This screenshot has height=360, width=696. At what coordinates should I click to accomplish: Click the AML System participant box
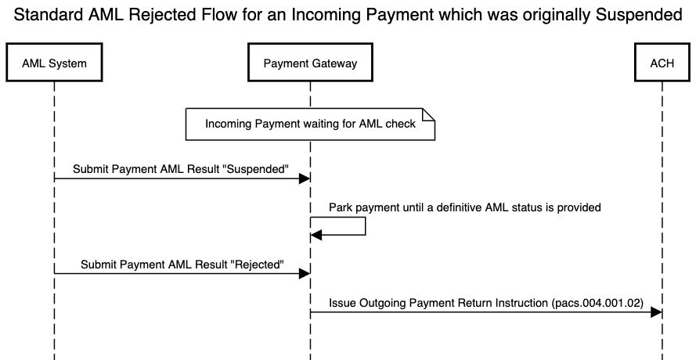54,63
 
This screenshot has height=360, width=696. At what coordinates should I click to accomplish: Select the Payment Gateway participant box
310,63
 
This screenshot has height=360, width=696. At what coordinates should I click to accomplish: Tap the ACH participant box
662,63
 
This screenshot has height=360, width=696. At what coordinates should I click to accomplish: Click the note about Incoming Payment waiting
310,124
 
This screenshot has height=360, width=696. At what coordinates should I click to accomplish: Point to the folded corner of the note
429,114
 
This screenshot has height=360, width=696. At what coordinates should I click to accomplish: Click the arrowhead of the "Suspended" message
305,179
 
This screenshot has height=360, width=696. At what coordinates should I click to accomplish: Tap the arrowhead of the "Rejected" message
305,274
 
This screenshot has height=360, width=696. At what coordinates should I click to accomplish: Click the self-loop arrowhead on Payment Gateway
316,235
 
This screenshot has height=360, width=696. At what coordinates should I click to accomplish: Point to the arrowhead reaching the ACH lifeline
656,312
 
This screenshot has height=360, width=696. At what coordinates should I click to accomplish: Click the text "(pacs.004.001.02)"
598,302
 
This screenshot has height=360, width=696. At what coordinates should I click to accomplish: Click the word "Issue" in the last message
342,302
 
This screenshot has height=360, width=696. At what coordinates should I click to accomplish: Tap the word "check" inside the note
400,124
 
